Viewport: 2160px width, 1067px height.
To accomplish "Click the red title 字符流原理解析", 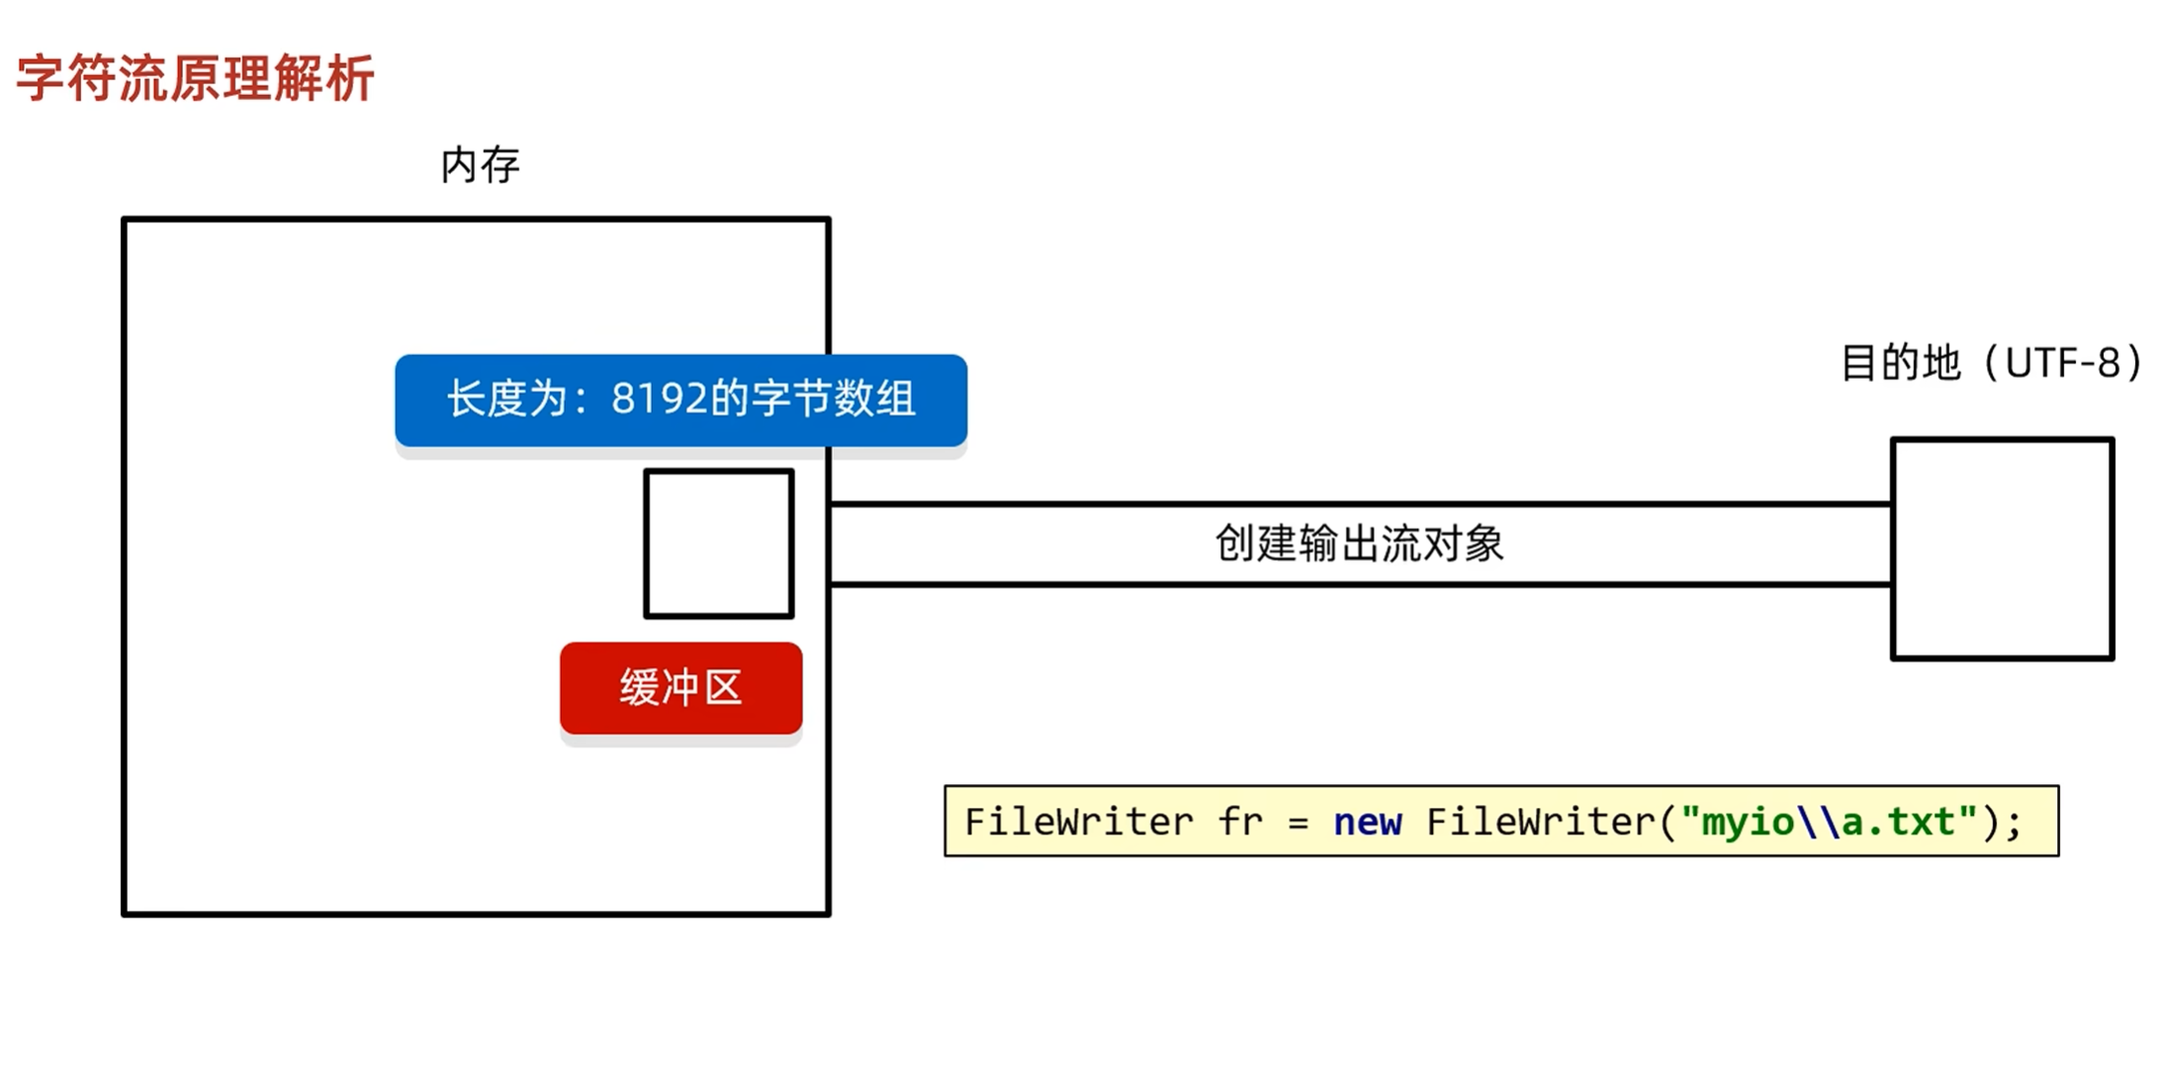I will coord(195,78).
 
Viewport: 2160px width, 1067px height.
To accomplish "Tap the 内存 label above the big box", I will coord(480,165).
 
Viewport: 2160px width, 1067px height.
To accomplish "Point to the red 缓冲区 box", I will coord(680,688).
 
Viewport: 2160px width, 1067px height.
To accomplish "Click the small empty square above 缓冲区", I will coord(719,544).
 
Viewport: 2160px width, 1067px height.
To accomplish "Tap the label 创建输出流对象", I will coord(1359,544).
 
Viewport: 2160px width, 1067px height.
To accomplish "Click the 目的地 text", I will coord(1900,363).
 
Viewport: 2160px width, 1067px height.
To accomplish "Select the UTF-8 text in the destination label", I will coord(2063,363).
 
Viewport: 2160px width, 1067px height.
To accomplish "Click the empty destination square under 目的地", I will coord(2002,548).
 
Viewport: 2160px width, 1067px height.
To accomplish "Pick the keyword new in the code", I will coord(1367,822).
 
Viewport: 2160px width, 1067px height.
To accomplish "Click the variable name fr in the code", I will coord(1240,822).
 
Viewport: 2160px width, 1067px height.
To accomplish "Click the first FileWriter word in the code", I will coord(1079,822).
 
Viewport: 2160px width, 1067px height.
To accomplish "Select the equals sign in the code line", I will coord(1299,823).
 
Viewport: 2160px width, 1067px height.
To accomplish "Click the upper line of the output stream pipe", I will coord(1359,504).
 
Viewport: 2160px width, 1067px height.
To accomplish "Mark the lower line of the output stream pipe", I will coord(1359,584).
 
